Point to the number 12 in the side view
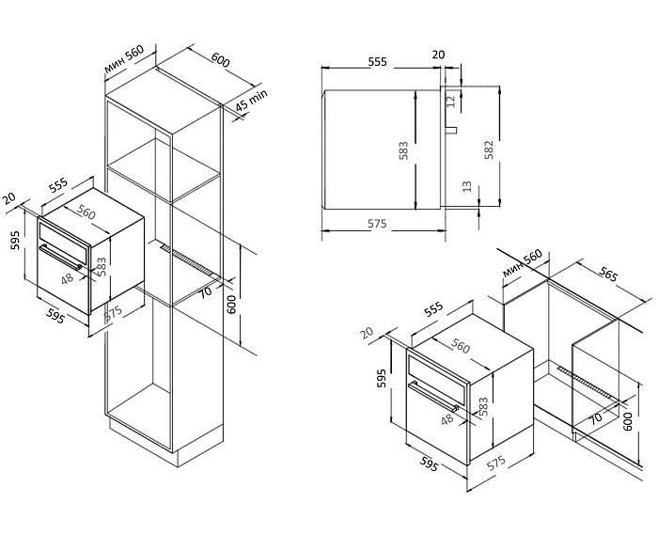point(450,99)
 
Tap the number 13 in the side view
point(467,188)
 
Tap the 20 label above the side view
point(438,55)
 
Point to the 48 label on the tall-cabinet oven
point(67,278)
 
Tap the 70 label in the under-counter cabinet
point(596,417)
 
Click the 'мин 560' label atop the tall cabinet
point(122,64)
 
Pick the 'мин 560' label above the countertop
point(523,267)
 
